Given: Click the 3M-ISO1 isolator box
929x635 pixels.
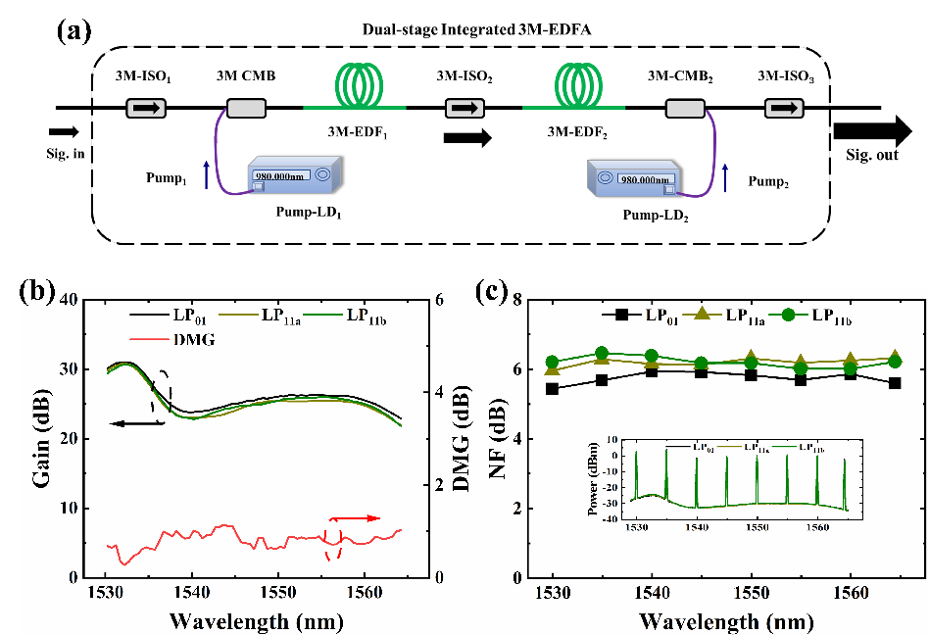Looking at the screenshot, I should [144, 107].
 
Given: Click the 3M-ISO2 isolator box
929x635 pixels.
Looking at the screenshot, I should [464, 107].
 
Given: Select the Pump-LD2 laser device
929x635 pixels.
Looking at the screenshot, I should [640, 184].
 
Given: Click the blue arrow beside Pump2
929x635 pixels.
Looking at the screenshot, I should [725, 178].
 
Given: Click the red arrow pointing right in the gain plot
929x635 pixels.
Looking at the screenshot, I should [354, 517].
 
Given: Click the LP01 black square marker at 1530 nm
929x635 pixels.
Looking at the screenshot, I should [553, 389].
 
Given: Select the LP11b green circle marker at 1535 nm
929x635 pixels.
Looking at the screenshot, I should [602, 354].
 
